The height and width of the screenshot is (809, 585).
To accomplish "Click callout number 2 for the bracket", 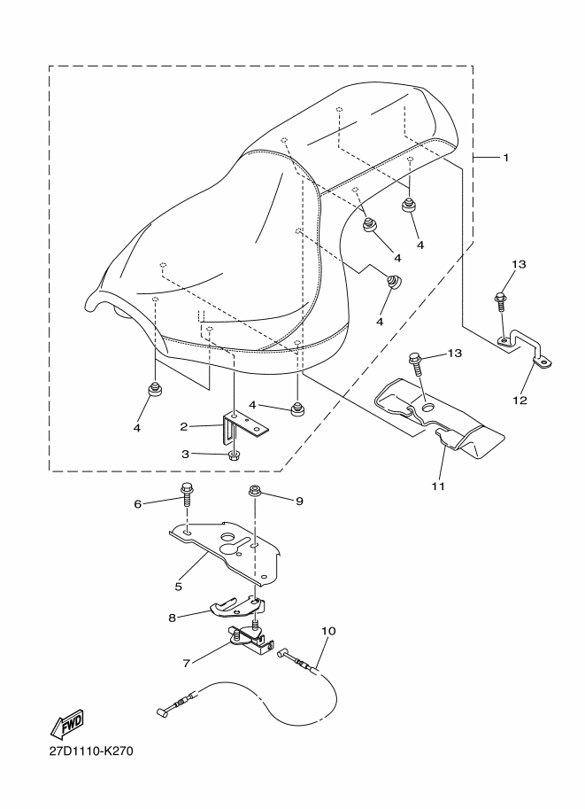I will [184, 426].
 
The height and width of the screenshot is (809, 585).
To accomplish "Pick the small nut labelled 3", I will [235, 455].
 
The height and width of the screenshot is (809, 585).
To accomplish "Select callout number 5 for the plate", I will [178, 586].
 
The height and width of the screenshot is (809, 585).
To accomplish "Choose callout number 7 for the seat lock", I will [188, 661].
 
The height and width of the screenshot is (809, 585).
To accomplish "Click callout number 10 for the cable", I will [328, 632].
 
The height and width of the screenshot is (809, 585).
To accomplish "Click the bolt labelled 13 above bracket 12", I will [501, 303].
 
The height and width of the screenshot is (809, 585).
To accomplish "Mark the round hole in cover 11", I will [428, 405].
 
